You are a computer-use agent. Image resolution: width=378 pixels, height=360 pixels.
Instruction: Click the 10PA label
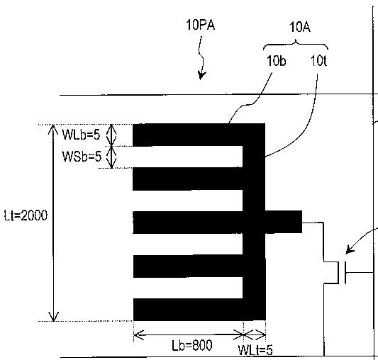coord(200,25)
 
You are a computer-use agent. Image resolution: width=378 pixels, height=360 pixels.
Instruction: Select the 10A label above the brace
coord(300,27)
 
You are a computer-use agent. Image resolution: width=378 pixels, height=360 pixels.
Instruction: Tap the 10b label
coord(277,61)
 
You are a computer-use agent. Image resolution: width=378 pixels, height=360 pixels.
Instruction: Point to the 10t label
coord(318,61)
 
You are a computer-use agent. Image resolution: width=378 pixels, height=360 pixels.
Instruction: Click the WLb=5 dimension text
coord(81,135)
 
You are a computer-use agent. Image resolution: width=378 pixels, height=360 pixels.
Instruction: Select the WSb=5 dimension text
coord(82,157)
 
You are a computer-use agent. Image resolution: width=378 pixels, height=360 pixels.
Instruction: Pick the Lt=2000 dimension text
coord(26,215)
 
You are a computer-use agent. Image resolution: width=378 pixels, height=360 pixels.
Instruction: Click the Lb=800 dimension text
coord(192,345)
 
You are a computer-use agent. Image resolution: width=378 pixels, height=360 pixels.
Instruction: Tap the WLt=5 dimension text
coord(255,350)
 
